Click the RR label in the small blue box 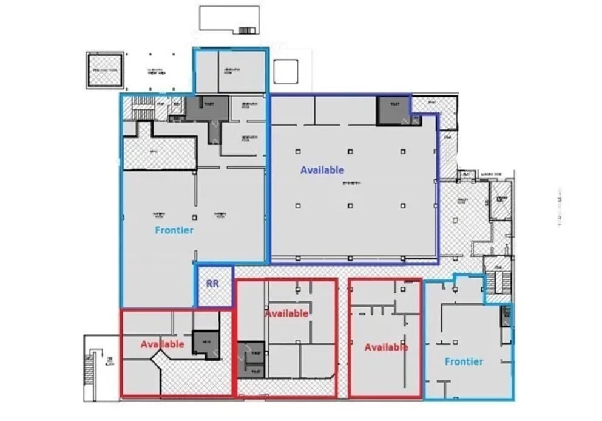click(x=212, y=283)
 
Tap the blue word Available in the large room click(x=322, y=170)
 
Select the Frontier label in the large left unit click(x=174, y=230)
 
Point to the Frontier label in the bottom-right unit click(x=464, y=361)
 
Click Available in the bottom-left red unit click(x=162, y=344)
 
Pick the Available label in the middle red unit click(x=286, y=313)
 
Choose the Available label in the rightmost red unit click(x=386, y=347)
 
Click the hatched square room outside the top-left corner click(x=104, y=70)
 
